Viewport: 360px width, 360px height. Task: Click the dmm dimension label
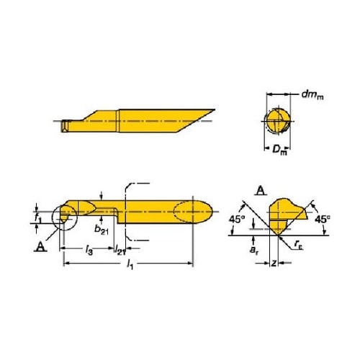click(x=312, y=95)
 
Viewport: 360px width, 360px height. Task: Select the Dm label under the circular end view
click(x=279, y=150)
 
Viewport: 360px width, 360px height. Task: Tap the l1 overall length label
click(x=130, y=264)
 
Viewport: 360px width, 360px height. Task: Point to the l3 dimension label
click(x=89, y=250)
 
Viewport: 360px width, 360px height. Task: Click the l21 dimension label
click(x=120, y=250)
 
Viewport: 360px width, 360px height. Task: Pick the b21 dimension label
click(x=102, y=230)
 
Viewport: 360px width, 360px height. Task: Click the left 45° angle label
click(x=237, y=220)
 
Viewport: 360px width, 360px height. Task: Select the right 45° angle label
click(x=323, y=220)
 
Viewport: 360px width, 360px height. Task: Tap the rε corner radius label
click(x=298, y=245)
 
